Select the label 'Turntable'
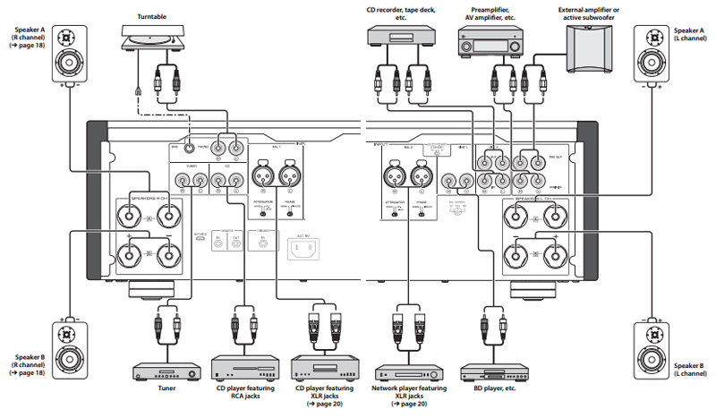coord(152,15)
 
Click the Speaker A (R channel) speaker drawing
coord(68,55)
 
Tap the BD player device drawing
coord(489,370)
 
